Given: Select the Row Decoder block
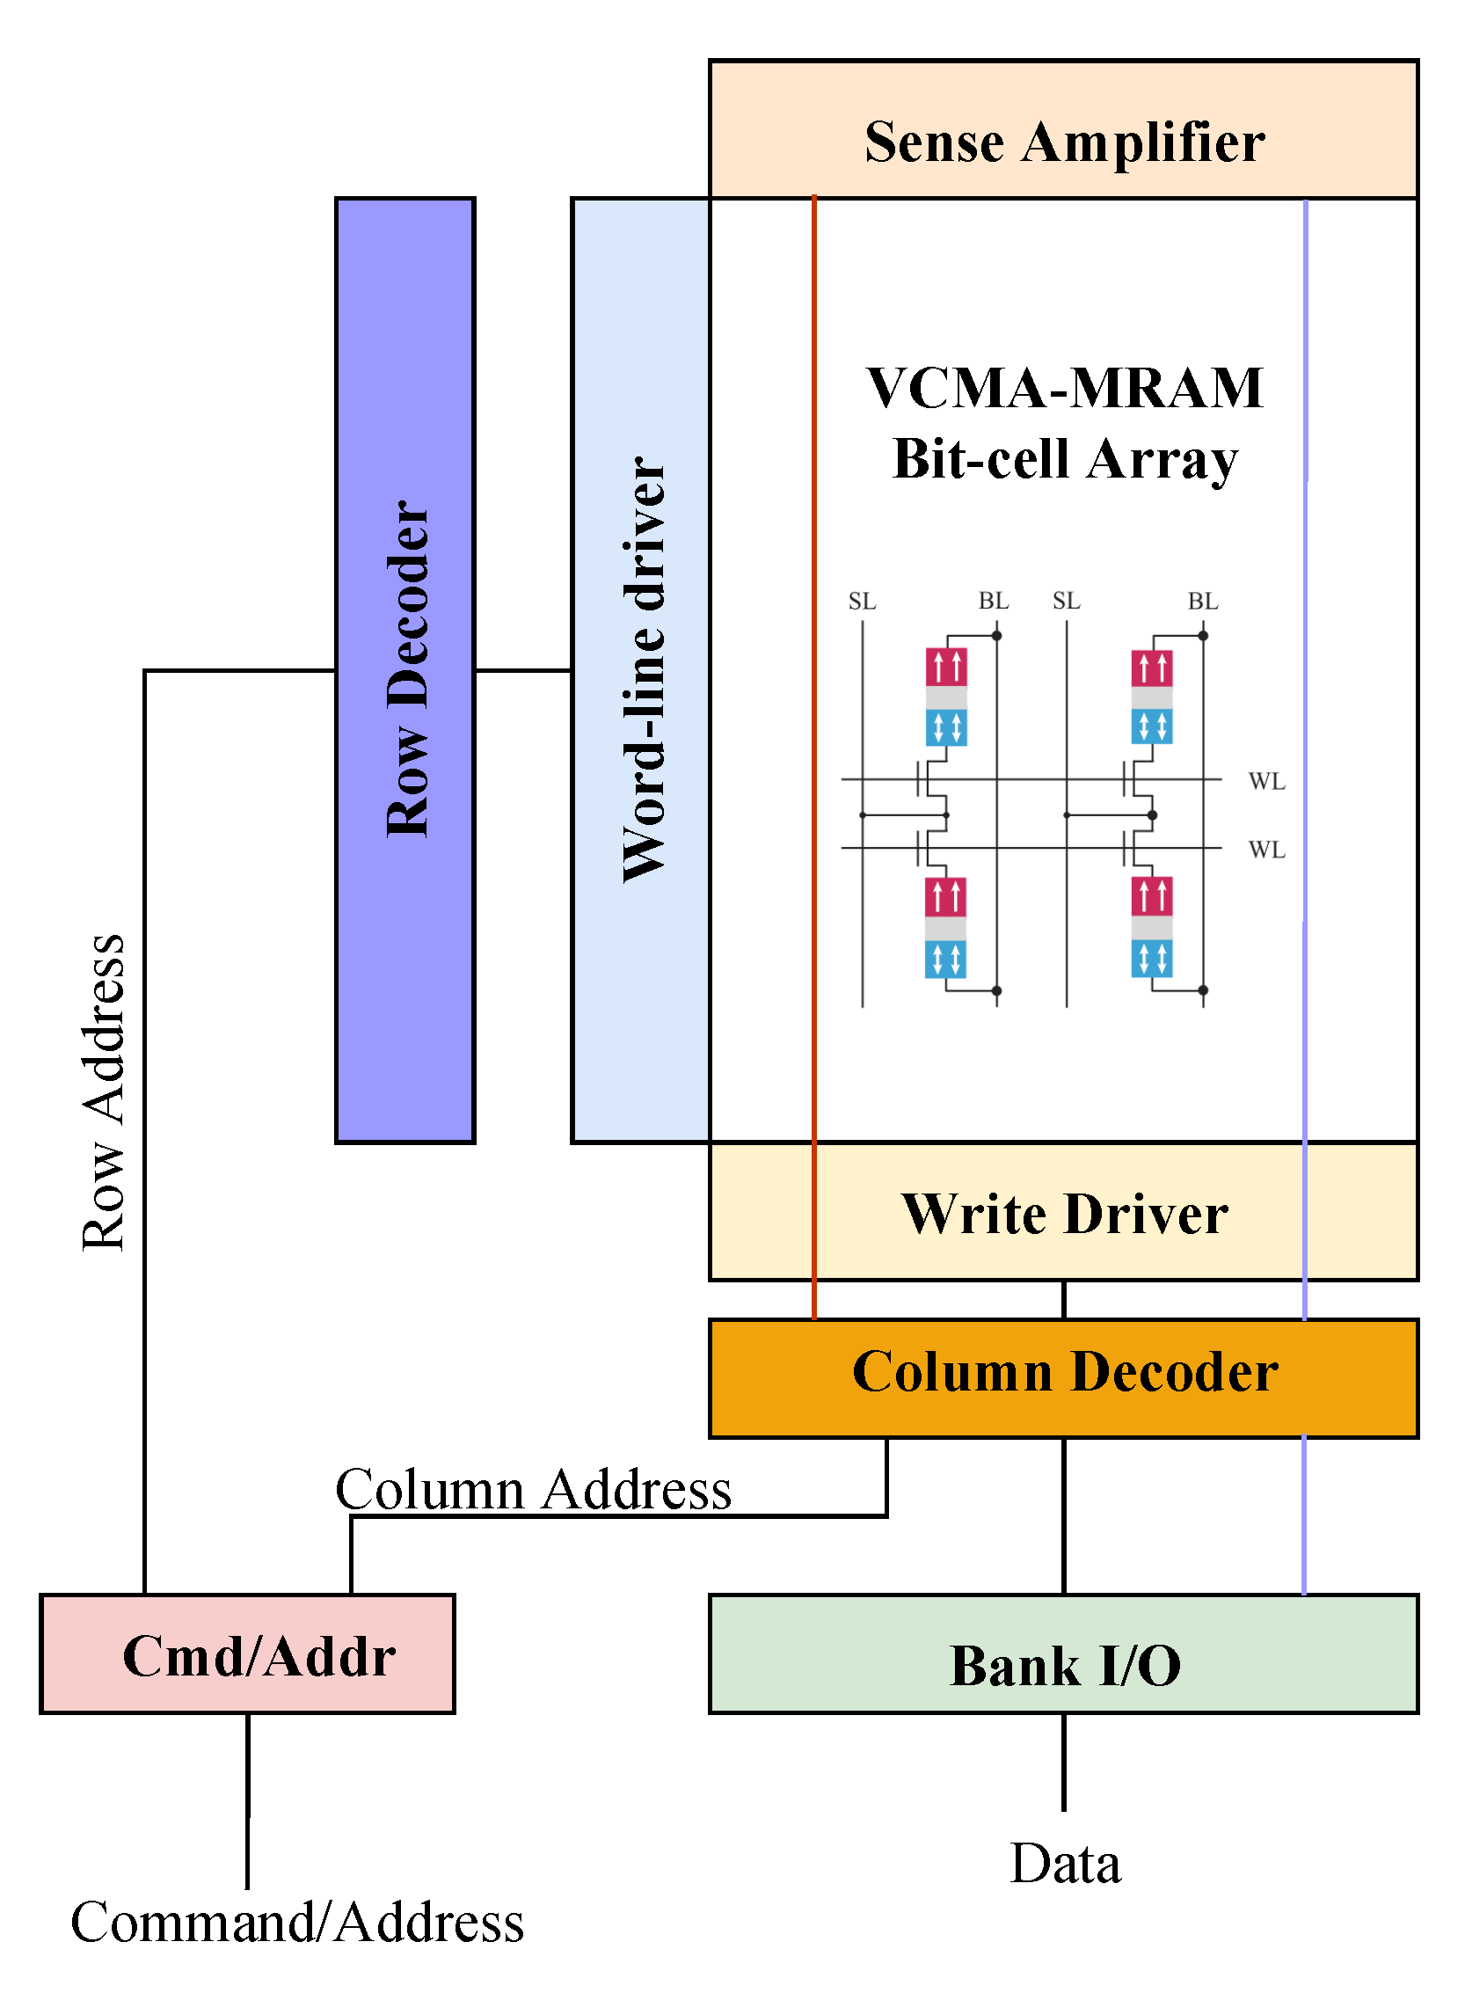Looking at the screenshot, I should point(405,669).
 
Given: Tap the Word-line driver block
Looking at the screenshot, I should point(641,669).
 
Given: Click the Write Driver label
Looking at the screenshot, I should point(1064,1213).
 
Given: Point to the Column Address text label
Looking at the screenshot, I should point(533,1489).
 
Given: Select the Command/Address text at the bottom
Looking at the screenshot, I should point(297,1923).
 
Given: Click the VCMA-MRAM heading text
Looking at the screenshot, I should point(1064,389).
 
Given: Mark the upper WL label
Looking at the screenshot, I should point(1265,781).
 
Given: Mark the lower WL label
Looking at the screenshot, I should point(1265,850).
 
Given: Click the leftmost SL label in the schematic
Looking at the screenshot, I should point(861,602).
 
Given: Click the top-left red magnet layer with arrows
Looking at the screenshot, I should point(945,667).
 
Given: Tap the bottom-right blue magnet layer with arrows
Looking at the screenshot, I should point(1151,959).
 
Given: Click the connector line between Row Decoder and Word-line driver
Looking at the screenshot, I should point(522,670).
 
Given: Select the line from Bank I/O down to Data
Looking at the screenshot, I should point(1063,1761).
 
